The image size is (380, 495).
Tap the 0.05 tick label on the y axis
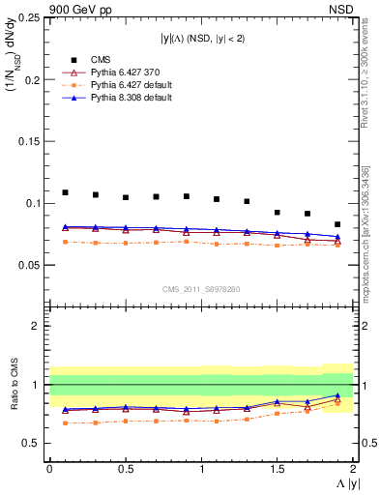(29, 264)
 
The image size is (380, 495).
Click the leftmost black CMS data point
(65, 192)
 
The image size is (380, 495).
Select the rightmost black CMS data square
(337, 224)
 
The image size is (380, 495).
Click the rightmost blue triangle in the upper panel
(337, 237)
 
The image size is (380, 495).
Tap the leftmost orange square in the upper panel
(65, 242)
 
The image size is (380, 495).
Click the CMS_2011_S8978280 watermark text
(200, 288)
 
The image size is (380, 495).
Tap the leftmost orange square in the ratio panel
(65, 422)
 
